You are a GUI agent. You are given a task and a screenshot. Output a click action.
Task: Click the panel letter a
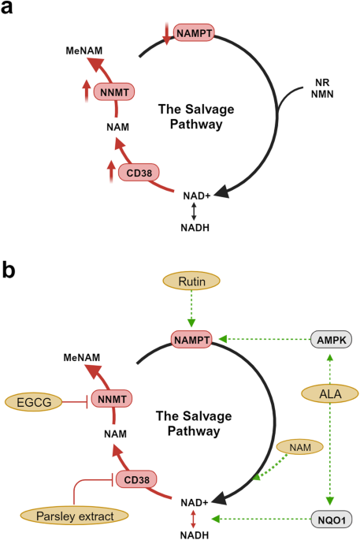[x=9, y=9]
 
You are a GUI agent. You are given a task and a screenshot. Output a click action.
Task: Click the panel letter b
[x=9, y=271]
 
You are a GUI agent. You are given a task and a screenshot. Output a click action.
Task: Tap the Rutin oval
[x=191, y=281]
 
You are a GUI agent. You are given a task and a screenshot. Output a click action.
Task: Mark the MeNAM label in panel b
[x=84, y=357]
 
